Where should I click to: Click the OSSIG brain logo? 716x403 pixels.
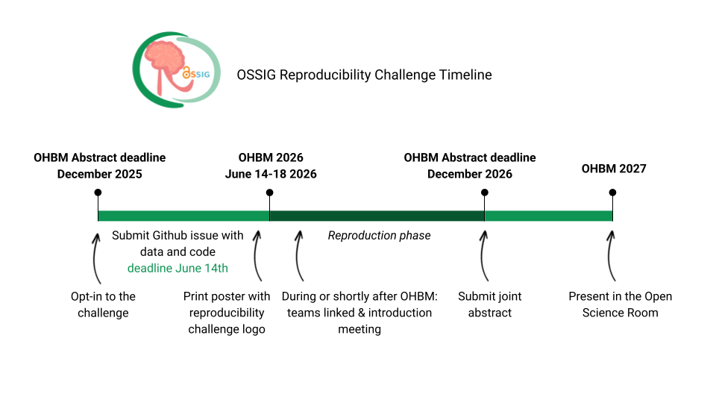[176, 70]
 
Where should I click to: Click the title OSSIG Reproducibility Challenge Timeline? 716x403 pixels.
[364, 75]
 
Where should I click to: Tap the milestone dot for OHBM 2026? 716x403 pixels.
[269, 193]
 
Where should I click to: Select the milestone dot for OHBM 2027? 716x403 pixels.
[612, 193]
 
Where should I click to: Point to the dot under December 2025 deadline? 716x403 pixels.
[98, 193]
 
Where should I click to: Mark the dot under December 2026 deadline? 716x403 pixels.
[484, 193]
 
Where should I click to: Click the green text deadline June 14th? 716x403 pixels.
[178, 268]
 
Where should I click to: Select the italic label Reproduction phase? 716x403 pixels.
[379, 235]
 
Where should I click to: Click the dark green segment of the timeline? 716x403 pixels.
[377, 216]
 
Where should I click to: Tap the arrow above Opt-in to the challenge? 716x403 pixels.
[95, 257]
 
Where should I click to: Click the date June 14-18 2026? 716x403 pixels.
[271, 174]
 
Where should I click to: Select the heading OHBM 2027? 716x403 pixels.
[614, 169]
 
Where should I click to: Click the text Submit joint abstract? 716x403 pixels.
[489, 304]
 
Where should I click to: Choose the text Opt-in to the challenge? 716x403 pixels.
[103, 304]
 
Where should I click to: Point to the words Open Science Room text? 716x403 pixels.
[620, 304]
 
